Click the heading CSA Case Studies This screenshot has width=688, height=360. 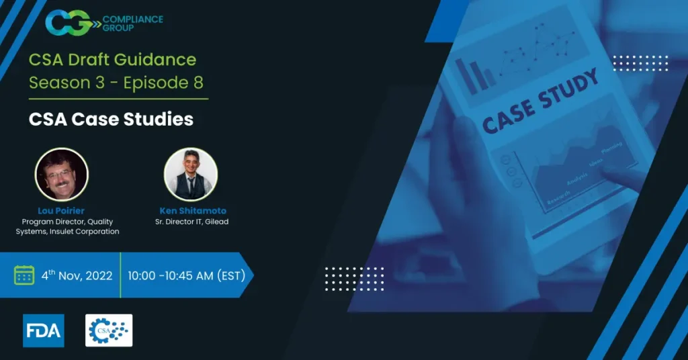(111, 120)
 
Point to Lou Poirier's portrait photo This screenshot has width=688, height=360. (61, 175)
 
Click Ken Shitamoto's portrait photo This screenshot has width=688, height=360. (191, 175)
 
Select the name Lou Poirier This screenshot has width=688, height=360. (61, 211)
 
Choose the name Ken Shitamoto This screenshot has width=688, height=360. (191, 211)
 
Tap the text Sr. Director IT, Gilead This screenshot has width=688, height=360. (191, 222)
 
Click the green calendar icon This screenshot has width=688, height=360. (24, 275)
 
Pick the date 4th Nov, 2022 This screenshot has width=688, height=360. (76, 275)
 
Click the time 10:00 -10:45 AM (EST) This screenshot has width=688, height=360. (185, 275)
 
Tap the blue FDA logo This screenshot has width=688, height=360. (43, 330)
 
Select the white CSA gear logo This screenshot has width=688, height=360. (109, 330)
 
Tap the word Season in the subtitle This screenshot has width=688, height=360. (53, 83)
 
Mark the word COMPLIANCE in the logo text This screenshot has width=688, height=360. (133, 19)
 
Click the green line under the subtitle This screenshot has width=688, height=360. (118, 99)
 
